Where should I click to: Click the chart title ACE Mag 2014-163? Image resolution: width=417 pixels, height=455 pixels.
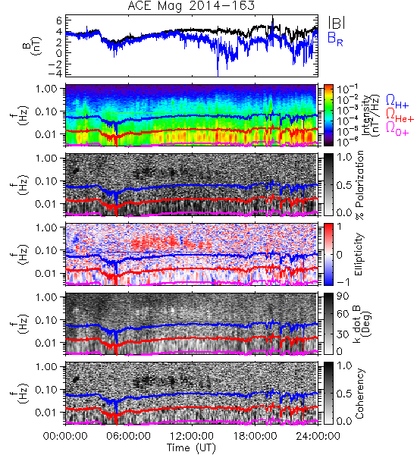point(191,5)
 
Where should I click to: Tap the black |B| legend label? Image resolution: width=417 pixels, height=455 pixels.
point(337,23)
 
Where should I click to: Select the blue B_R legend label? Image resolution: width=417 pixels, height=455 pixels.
point(335,39)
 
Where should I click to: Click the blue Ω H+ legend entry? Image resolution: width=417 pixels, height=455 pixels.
point(397,102)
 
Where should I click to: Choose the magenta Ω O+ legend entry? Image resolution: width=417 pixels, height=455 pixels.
point(397,129)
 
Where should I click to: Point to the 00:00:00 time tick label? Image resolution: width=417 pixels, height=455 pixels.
point(65,436)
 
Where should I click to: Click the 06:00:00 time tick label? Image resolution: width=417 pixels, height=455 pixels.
point(129,436)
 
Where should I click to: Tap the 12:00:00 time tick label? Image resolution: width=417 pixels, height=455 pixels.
point(192,436)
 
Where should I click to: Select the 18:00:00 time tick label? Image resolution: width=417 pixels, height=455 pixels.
point(255,436)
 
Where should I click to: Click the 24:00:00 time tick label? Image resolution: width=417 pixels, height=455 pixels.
point(318,436)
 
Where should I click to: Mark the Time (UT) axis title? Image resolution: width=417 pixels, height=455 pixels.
point(192,447)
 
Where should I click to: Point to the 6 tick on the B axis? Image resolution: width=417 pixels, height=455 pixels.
point(59,20)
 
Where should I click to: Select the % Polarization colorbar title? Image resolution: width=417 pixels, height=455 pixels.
point(359,185)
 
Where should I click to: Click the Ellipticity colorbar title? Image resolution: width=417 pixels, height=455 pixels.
point(359,255)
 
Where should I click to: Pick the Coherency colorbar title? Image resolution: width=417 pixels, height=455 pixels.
point(359,394)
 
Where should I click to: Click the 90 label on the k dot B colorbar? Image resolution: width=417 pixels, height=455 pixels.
point(343,297)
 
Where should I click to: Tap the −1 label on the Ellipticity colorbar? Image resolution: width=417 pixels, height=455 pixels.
point(343,282)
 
